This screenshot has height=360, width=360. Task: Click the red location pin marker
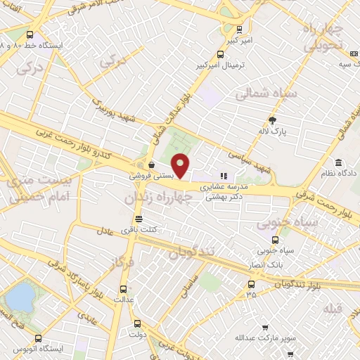(181, 165)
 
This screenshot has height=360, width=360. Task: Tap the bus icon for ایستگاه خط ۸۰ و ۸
(29, 34)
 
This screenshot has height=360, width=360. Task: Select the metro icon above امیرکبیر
(240, 30)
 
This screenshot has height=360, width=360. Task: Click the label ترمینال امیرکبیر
(221, 66)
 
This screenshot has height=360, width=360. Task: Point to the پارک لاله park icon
(273, 120)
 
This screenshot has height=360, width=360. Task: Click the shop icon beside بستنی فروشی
(152, 166)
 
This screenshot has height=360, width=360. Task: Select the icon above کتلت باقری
(139, 219)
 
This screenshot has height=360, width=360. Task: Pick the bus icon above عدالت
(124, 289)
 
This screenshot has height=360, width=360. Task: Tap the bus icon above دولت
(136, 325)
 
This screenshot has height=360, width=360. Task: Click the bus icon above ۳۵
(252, 284)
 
